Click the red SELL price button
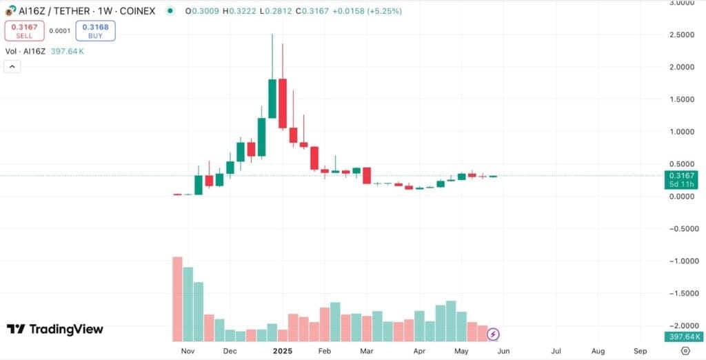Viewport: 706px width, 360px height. [24, 30]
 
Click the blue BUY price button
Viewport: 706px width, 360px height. [95, 30]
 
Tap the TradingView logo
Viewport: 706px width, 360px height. [55, 329]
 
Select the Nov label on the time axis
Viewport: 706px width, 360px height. [188, 351]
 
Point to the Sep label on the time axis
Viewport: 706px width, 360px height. [640, 351]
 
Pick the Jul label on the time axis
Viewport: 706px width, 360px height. [556, 351]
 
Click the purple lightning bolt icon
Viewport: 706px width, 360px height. [493, 334]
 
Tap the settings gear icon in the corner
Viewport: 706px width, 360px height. [685, 351]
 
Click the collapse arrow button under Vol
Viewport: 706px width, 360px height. [12, 66]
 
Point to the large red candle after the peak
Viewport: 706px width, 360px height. [283, 103]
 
